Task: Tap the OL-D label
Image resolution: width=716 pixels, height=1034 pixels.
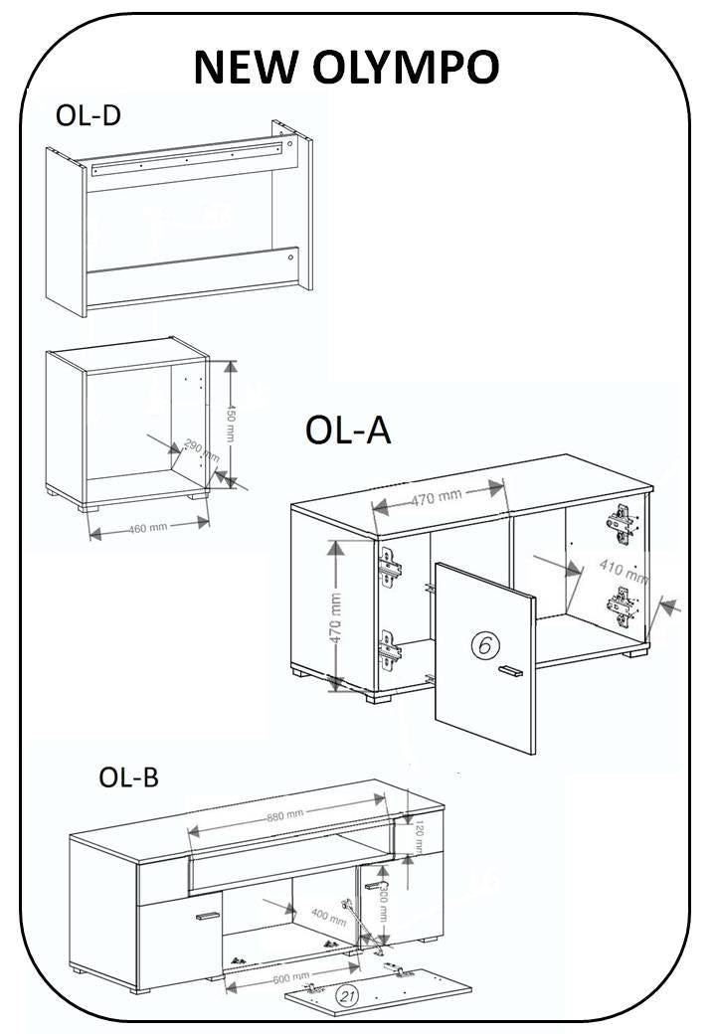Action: [88, 116]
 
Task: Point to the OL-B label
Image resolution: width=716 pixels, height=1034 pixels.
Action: [128, 776]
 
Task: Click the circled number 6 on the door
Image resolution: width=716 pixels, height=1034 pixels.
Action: [483, 645]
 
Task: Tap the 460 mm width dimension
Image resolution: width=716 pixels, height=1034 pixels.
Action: [147, 526]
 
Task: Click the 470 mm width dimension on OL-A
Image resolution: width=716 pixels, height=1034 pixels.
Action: [438, 496]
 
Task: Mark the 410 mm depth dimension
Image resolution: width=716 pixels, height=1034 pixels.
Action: [624, 572]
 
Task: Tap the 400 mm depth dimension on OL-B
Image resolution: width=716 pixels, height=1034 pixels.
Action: [329, 917]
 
